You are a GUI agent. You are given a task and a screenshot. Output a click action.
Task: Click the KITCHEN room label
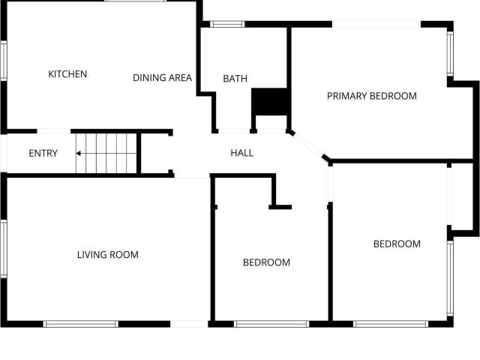click(67, 74)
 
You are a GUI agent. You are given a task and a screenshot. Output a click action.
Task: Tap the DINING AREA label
click(162, 78)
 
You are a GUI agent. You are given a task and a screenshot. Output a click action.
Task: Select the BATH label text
click(235, 79)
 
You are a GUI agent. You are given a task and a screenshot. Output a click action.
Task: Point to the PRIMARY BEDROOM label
click(372, 96)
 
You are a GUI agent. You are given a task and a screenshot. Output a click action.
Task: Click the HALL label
click(241, 153)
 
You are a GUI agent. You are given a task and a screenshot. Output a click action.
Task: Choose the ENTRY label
click(43, 153)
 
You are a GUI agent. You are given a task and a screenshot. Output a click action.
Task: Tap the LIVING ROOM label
click(108, 255)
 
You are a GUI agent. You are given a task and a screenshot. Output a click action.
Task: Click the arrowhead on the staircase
click(78, 153)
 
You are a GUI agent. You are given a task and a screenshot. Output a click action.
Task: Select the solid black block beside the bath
click(269, 102)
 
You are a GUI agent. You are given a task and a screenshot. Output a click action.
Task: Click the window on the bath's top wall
click(227, 24)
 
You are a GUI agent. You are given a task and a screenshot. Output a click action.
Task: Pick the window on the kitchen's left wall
click(3, 61)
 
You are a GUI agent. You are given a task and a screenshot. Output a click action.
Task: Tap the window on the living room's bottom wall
click(80, 324)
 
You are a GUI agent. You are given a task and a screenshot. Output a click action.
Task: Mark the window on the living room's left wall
click(3, 248)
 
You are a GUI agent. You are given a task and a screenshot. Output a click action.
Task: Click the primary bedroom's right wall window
click(450, 53)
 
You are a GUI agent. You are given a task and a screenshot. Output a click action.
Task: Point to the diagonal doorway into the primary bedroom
click(308, 145)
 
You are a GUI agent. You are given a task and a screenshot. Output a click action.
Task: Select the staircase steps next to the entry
click(106, 153)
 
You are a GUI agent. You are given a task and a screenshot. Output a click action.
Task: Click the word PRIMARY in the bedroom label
click(347, 96)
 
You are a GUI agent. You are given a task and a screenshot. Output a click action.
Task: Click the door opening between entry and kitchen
click(54, 131)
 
